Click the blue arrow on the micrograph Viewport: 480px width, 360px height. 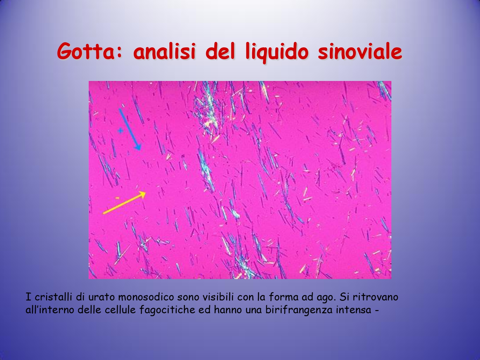coord(130,129)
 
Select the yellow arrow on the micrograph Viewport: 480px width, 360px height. coord(124,203)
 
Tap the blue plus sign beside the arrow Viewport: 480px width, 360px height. coord(120,131)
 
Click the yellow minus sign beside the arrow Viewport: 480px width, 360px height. coord(117,198)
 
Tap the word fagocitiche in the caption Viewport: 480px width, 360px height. coord(167,310)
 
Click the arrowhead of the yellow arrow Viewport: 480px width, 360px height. coord(143,194)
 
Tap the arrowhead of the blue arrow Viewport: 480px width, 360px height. coord(138,147)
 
